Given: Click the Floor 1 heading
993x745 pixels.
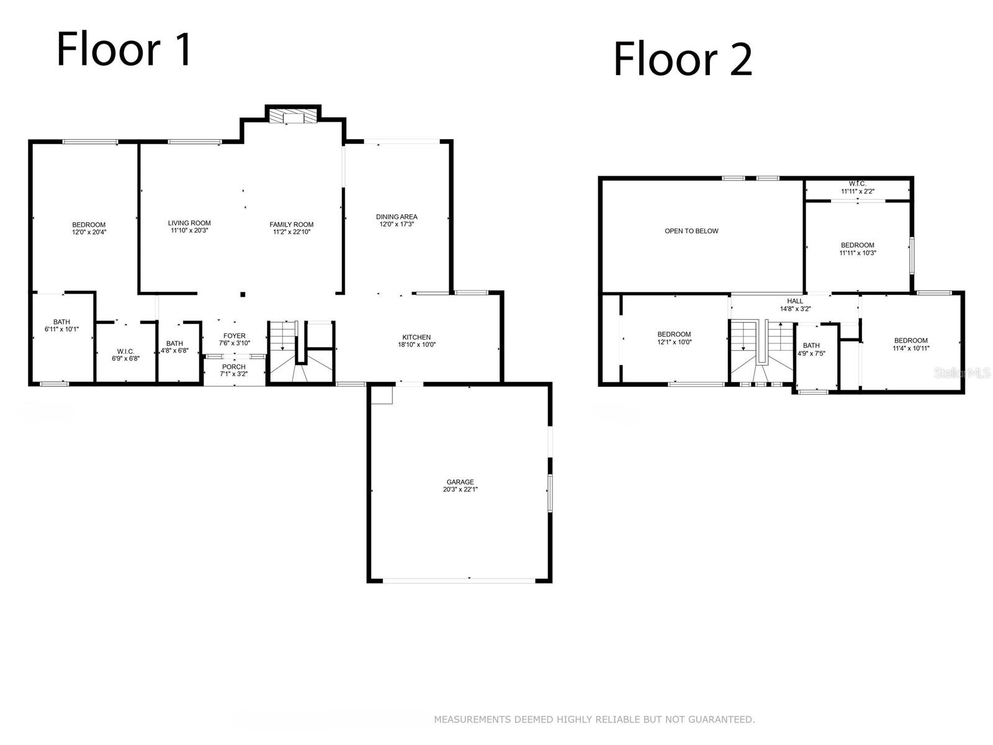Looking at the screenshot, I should point(125,50).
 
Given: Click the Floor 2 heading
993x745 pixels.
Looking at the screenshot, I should point(683,60).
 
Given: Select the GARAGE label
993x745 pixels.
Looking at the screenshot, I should point(460,482).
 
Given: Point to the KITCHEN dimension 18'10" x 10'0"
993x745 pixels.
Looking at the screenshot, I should point(416,345).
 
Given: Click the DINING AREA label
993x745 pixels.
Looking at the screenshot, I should point(397,217).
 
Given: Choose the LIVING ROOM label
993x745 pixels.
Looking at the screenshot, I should point(189,223).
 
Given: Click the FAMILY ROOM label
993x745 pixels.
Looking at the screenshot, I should point(291,224).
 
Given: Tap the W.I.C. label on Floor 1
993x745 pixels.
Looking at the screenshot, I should point(125,351).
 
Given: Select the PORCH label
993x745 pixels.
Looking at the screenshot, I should point(234,367).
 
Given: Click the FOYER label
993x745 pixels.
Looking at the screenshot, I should point(235,336).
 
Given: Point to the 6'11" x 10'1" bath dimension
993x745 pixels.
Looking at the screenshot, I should point(61,329).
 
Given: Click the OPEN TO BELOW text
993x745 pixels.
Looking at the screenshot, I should point(691,231).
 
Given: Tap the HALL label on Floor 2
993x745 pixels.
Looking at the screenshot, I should point(795,301).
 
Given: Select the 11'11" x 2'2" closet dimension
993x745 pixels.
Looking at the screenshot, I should point(858,191).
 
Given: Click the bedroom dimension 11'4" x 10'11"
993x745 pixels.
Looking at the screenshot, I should point(911,348).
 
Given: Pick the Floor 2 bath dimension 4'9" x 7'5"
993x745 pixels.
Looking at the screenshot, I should point(811,353).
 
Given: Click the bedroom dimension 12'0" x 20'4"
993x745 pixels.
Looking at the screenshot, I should point(89,232).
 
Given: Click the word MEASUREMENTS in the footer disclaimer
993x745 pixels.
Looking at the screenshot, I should point(472,720).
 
